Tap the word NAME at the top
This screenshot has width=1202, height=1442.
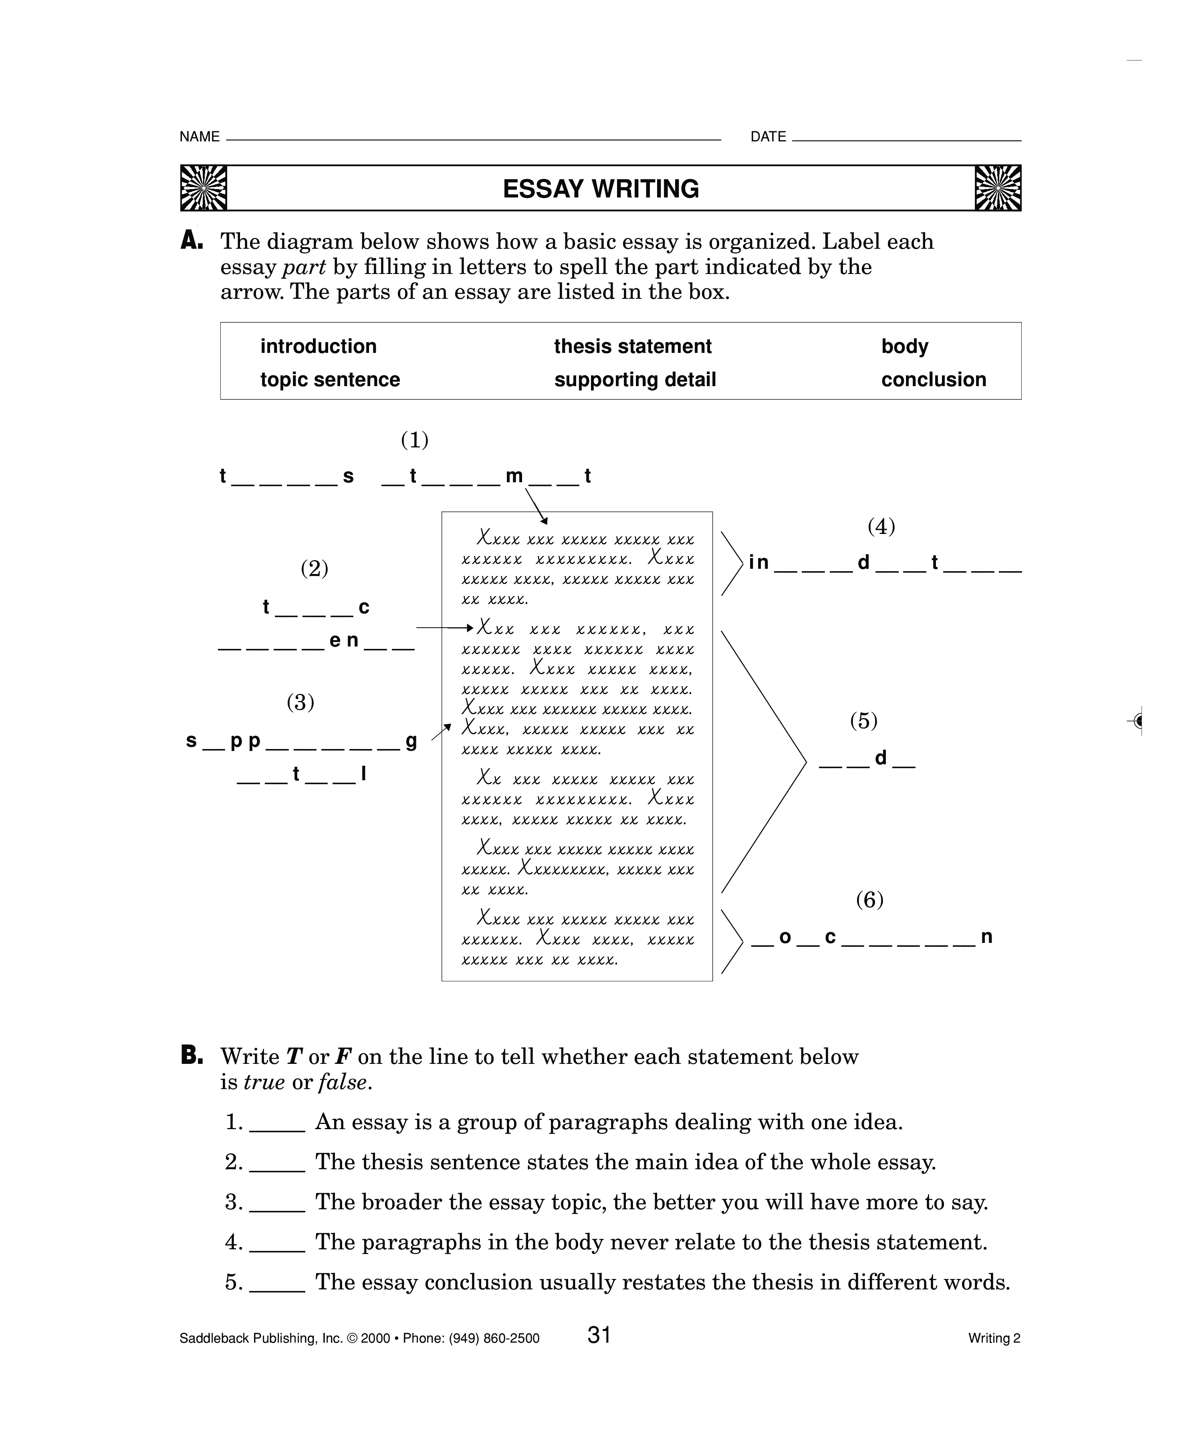coord(199,137)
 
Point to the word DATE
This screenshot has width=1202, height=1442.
coord(768,137)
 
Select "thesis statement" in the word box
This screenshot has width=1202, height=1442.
coord(633,346)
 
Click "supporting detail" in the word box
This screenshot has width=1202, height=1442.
coord(635,380)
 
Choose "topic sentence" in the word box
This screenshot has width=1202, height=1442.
coord(330,380)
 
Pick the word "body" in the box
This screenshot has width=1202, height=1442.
coord(905,346)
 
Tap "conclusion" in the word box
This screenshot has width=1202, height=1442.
coord(934,380)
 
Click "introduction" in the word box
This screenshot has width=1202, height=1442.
coord(318,346)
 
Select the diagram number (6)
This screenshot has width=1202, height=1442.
coord(869,900)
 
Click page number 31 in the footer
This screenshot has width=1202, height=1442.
coord(599,1335)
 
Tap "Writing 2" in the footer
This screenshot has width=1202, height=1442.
coord(994,1338)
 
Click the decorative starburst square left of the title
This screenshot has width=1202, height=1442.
coord(203,188)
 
